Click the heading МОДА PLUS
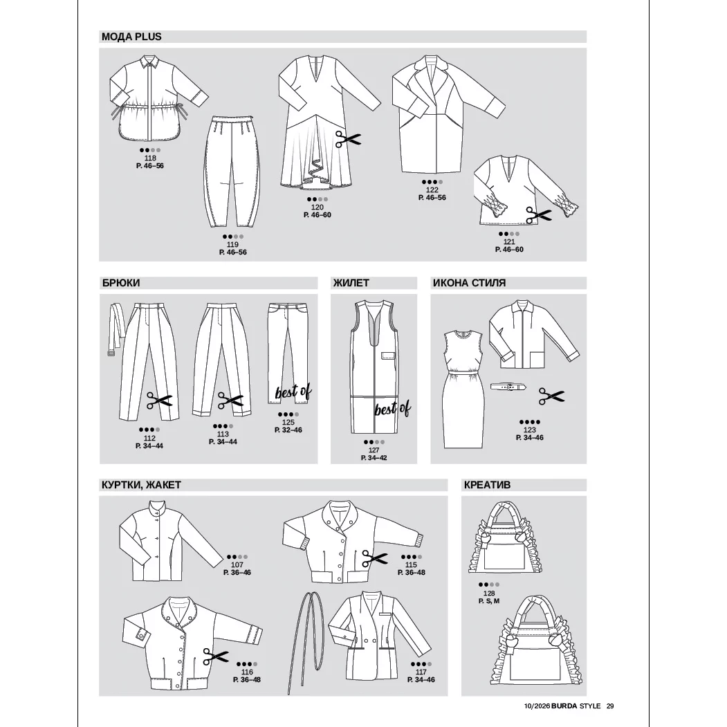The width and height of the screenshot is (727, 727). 131,37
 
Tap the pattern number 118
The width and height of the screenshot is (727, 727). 150,158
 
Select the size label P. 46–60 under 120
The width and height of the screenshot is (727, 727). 317,214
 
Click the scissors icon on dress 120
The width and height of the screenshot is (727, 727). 348,138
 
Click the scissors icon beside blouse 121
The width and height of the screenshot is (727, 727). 538,215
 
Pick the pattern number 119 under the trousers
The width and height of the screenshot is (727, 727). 232,244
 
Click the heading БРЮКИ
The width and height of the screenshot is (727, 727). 120,283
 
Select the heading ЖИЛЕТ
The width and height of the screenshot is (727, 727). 351,283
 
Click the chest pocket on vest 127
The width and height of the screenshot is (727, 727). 388,356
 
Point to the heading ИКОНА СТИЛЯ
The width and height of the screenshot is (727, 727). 469,283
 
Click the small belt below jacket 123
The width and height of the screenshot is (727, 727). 509,386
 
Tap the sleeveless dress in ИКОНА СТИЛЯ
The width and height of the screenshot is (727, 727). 463,389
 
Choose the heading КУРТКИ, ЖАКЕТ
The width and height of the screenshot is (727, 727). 141,485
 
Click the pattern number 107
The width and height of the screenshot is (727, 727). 237,564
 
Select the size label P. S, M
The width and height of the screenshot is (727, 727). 488,601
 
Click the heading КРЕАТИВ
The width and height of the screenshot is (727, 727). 487,485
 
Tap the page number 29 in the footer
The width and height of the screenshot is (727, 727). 610,706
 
